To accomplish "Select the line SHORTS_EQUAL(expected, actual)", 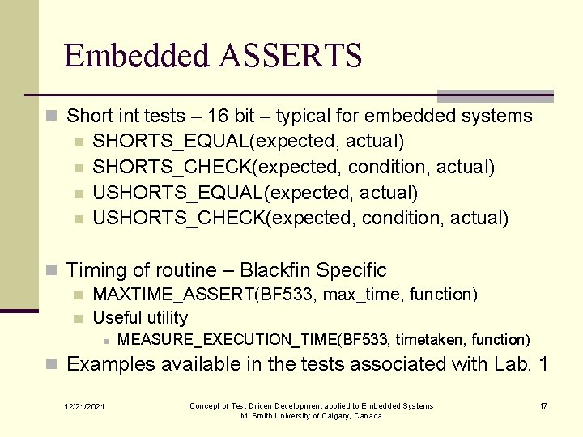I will tap(249, 142).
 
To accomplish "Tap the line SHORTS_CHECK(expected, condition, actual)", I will tap(294, 168).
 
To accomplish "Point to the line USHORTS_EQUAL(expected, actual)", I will tap(255, 193).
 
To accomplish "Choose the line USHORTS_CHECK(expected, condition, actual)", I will tap(300, 218).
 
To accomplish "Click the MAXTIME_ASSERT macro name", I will tap(173, 294).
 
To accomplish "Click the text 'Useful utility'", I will tap(140, 318).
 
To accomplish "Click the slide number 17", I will tap(543, 405).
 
